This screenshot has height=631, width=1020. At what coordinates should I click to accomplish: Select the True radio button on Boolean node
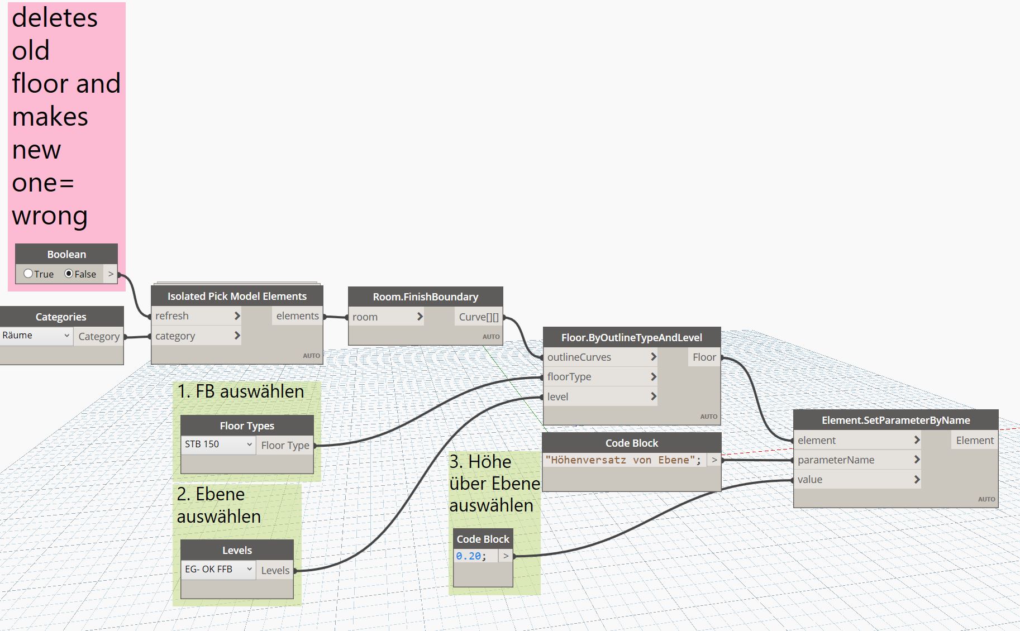(x=28, y=274)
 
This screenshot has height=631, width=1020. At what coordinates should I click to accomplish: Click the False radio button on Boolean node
(x=69, y=274)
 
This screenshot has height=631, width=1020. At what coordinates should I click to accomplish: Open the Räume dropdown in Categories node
(x=36, y=336)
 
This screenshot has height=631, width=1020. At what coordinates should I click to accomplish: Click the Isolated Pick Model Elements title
(x=237, y=296)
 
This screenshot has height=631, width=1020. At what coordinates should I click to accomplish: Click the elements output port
(x=297, y=316)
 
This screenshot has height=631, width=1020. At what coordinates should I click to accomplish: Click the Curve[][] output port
(x=479, y=317)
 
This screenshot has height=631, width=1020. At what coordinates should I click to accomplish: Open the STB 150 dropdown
(x=218, y=444)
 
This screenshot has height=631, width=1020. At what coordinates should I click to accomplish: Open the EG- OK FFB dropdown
(x=218, y=570)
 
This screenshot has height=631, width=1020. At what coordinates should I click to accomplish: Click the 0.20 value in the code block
(x=469, y=556)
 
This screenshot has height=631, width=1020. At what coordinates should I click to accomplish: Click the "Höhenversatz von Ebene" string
(x=622, y=460)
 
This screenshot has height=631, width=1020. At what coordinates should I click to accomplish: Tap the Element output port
(x=974, y=441)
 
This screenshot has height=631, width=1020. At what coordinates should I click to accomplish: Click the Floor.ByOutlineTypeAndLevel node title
(x=631, y=337)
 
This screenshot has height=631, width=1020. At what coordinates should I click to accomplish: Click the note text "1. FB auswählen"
(x=241, y=391)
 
